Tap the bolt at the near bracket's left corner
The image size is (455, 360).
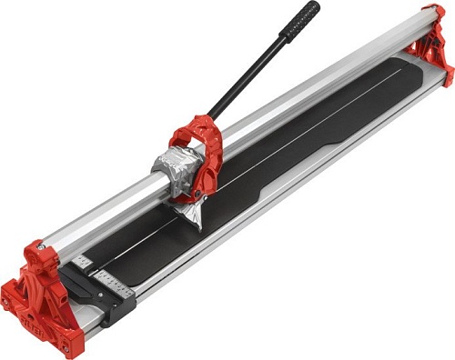[x=5, y=300]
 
